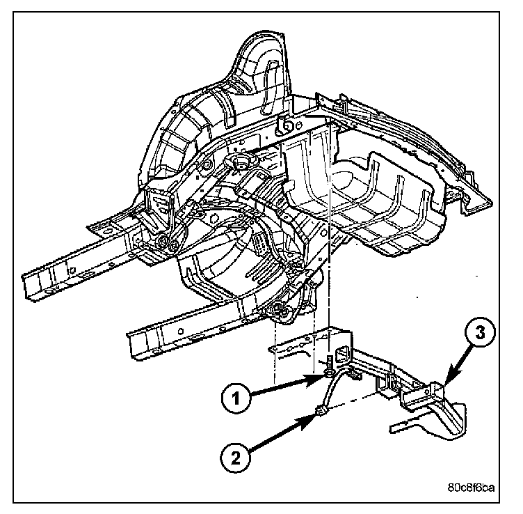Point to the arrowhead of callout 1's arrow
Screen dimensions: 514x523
tap(322, 377)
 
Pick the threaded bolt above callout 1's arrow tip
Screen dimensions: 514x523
tap(325, 365)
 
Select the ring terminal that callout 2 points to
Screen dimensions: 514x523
tap(321, 412)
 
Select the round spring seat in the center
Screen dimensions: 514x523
tap(239, 164)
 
